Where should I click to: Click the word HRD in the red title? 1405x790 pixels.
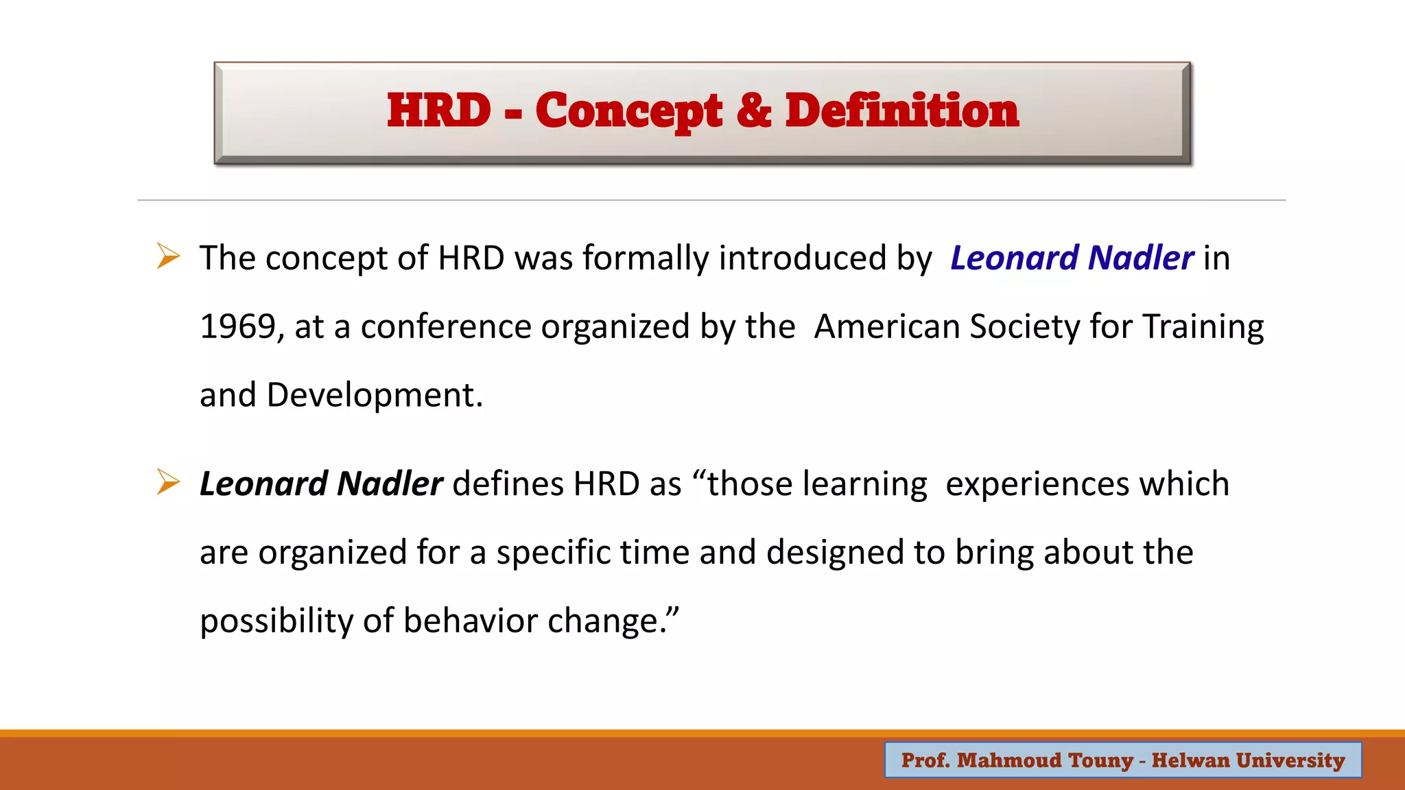pos(439,110)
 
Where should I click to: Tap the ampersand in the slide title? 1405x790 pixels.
pos(753,110)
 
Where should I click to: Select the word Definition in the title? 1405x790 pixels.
pos(901,110)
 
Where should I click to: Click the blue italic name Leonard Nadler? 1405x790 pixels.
pos(1072,259)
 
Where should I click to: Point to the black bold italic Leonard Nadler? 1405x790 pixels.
pos(321,484)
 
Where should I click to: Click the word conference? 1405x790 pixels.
pos(445,326)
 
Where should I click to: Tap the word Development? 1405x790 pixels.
pos(374,396)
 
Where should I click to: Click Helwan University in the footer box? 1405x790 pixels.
pos(1248,760)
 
